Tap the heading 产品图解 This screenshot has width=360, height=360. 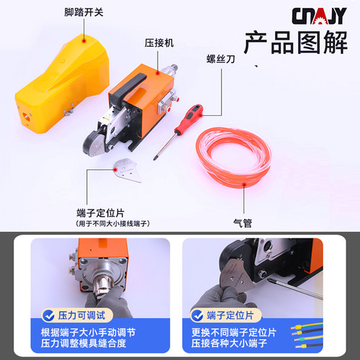pos(295,44)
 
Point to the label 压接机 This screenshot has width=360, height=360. pos(160,42)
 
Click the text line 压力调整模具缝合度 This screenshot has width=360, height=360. pos(88,345)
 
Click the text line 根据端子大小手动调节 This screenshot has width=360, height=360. pos(88,332)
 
